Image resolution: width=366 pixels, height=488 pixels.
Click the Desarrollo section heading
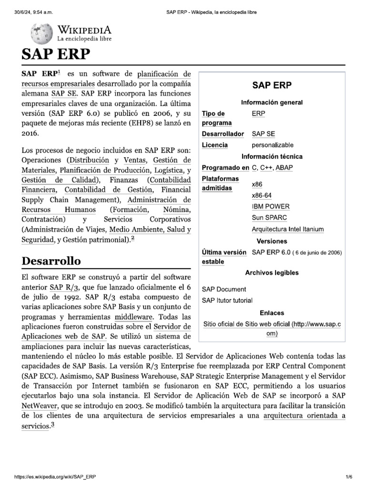(x=51, y=261)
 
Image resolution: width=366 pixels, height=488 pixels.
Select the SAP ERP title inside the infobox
(x=272, y=86)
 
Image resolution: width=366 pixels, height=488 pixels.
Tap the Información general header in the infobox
(x=272, y=102)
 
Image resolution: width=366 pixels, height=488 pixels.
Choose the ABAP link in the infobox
(x=285, y=168)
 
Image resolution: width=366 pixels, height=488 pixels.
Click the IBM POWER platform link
(x=270, y=206)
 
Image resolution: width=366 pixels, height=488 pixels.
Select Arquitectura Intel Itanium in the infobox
(x=287, y=229)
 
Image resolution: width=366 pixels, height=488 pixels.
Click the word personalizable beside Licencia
(x=273, y=145)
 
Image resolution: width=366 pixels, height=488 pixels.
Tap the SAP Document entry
(x=224, y=289)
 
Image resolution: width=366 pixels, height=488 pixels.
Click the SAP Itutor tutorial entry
(x=227, y=301)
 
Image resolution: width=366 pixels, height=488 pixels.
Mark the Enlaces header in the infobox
(x=272, y=313)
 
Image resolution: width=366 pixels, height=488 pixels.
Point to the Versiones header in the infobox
(x=272, y=241)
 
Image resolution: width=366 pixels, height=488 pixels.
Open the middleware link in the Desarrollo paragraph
(x=133, y=316)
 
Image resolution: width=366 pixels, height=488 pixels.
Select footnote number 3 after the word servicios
(x=52, y=426)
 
